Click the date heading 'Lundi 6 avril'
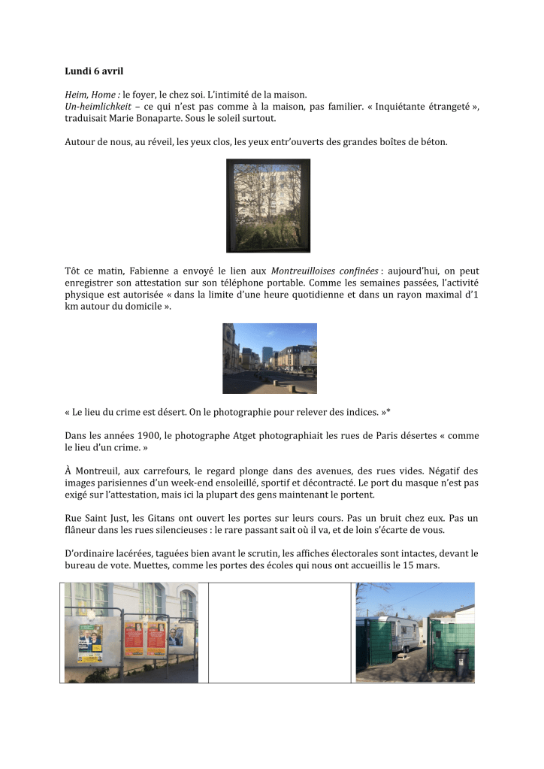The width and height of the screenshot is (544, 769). pos(94,71)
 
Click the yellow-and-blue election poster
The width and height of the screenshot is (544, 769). pos(90,643)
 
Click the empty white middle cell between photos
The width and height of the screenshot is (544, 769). pos(277,632)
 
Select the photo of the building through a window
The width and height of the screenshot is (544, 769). pos(268,204)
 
